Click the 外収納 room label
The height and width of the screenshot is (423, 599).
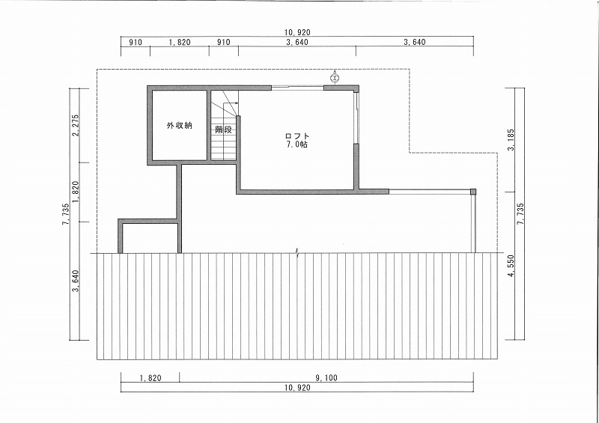click(179, 125)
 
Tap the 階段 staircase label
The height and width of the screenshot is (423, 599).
click(223, 130)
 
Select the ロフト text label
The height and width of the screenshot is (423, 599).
click(297, 136)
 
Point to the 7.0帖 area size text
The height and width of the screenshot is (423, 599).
click(297, 144)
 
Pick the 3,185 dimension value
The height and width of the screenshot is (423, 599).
click(512, 140)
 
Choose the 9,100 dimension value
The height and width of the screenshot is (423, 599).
click(326, 378)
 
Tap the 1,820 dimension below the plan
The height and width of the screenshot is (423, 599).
click(150, 378)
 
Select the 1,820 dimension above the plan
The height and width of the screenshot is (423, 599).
click(180, 42)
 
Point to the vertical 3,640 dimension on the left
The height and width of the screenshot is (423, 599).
click(76, 281)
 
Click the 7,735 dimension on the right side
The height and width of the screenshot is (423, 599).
click(520, 214)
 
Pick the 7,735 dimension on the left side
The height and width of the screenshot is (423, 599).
click(66, 214)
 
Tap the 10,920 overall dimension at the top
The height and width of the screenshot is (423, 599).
click(297, 32)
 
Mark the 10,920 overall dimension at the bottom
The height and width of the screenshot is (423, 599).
click(297, 388)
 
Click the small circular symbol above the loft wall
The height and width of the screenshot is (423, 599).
click(335, 78)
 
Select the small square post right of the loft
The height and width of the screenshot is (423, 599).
click(473, 192)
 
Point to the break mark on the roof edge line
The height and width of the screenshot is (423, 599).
click(298, 252)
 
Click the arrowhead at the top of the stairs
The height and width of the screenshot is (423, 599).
click(237, 103)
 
